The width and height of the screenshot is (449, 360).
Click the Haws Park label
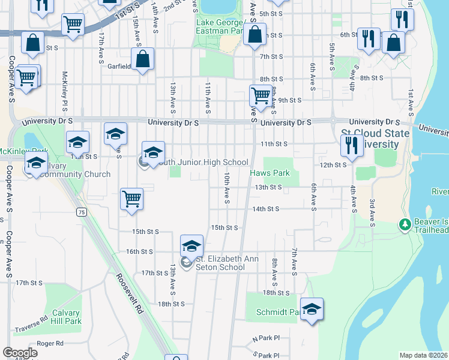tap(270, 173)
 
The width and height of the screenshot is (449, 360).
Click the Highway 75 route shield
tap(81, 211)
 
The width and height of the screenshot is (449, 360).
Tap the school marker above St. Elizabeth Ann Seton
tap(192, 245)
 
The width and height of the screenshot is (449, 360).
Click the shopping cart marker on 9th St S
tap(261, 95)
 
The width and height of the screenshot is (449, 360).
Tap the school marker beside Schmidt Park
tap(312, 309)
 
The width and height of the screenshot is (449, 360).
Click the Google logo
tap(20, 353)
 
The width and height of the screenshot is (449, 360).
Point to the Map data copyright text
tap(423, 355)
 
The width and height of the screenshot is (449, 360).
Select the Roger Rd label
tap(50, 344)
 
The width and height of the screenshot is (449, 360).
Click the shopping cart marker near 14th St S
tap(131, 199)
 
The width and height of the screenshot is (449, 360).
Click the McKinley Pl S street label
tap(64, 91)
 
